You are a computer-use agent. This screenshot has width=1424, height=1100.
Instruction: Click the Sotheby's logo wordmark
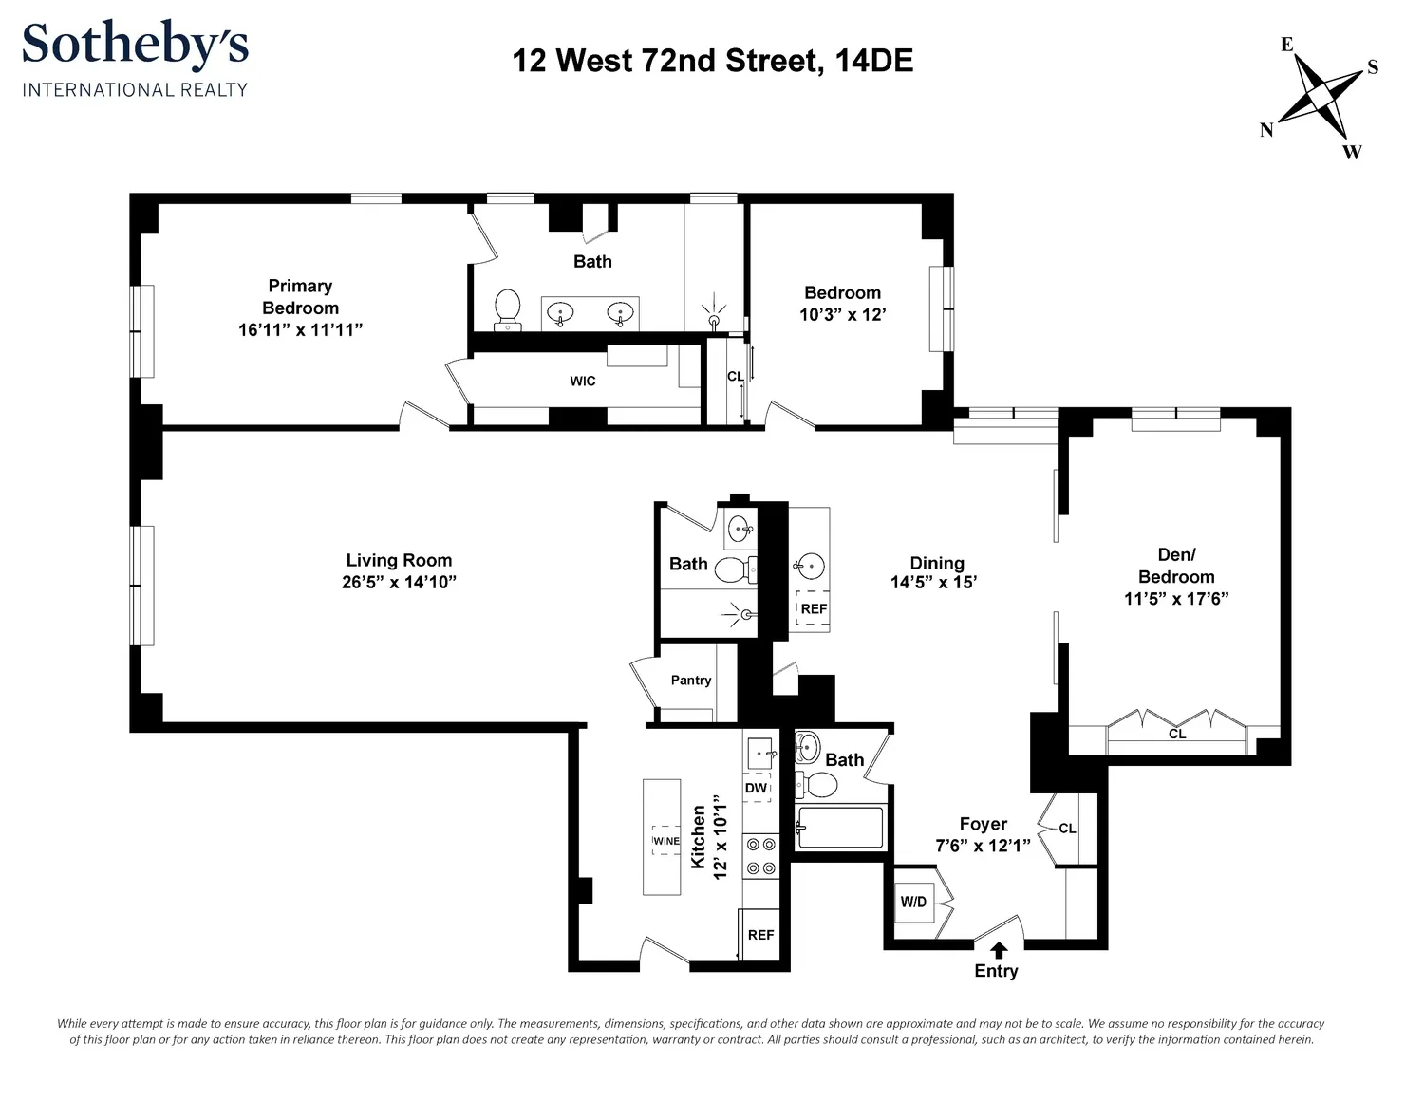136,45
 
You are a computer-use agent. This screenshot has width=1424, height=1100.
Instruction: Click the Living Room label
399,560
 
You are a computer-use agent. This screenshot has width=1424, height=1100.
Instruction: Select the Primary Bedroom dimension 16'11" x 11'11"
300,329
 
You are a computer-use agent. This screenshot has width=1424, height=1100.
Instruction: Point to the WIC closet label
583,382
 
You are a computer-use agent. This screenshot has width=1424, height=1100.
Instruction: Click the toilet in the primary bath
507,310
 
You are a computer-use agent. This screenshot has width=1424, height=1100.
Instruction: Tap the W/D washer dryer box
913,903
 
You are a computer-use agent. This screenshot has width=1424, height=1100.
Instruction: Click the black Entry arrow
998,951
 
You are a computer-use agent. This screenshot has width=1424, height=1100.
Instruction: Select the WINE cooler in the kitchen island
665,841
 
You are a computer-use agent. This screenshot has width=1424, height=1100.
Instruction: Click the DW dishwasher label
757,788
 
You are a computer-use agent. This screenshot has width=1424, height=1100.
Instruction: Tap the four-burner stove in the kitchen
760,856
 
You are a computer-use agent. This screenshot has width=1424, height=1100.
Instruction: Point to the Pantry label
691,681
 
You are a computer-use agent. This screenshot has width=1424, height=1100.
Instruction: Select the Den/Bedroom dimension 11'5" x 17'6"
1176,599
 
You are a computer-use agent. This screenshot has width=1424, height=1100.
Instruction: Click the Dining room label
937,564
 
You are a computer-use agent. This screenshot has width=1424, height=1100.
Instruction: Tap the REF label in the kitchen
760,935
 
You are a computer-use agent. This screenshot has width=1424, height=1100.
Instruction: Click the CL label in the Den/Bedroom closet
1177,734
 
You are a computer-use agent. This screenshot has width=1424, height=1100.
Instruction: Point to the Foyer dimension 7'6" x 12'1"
983,846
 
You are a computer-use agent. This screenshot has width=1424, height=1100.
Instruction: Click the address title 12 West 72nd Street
667,61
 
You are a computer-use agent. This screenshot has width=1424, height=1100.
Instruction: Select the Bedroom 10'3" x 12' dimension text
843,314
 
